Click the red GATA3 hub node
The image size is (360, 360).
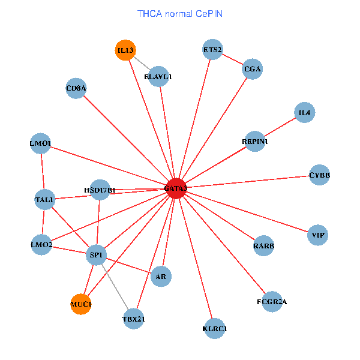coord(176,188)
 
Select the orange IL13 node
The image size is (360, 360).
coord(125,50)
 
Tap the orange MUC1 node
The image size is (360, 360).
coord(81,305)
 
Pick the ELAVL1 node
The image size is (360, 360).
coord(158,76)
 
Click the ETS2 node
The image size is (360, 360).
coord(212,50)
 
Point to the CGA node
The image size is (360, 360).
coord(253,69)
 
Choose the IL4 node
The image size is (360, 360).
coord(305,112)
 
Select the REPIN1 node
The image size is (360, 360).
coord(255,142)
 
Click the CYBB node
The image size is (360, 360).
coord(319,175)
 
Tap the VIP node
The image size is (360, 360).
coord(318,235)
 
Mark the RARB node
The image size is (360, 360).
coord(263,246)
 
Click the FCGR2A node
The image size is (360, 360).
coord(272,301)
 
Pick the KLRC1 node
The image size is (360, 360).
coord(215,328)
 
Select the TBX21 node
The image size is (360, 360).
coord(134,319)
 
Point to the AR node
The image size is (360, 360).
coord(161,277)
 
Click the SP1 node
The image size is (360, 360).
coord(97,255)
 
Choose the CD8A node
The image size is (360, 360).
coord(76,89)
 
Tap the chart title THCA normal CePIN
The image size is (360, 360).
coord(180,13)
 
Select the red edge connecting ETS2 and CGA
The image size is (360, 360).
coord(233,59)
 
